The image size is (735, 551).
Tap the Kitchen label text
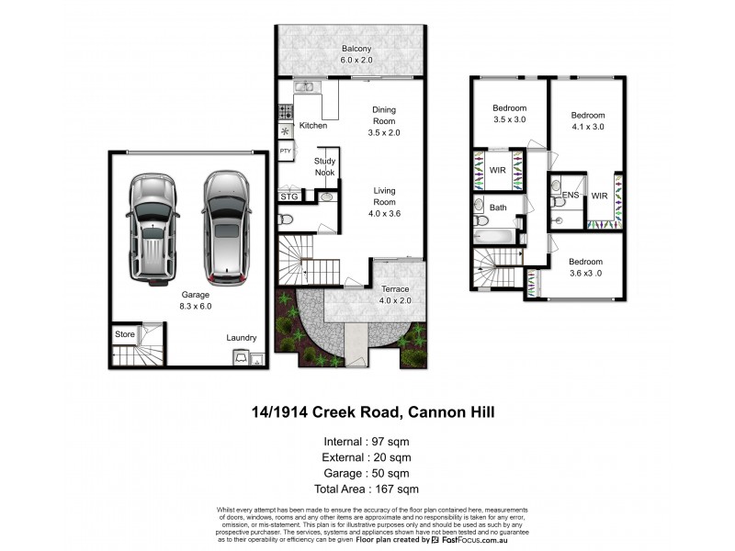(313, 126)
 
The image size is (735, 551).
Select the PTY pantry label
(286, 151)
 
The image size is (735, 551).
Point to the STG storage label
(288, 196)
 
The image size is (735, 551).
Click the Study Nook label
(325, 166)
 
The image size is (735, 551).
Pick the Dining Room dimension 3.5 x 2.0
(384, 132)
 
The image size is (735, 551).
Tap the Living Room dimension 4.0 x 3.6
(384, 213)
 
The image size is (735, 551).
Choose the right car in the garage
(226, 226)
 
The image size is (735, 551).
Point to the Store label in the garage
(124, 334)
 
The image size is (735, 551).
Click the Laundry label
(241, 338)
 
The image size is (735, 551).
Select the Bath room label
(498, 208)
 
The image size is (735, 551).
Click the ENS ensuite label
(570, 196)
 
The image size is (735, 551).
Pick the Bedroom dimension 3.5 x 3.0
(509, 120)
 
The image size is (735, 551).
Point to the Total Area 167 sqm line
(366, 489)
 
